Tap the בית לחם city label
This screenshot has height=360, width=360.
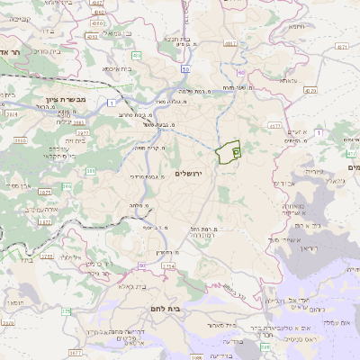coord(189,308)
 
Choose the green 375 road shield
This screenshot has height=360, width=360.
coord(65,311)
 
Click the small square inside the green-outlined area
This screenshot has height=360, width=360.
coord(236,153)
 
